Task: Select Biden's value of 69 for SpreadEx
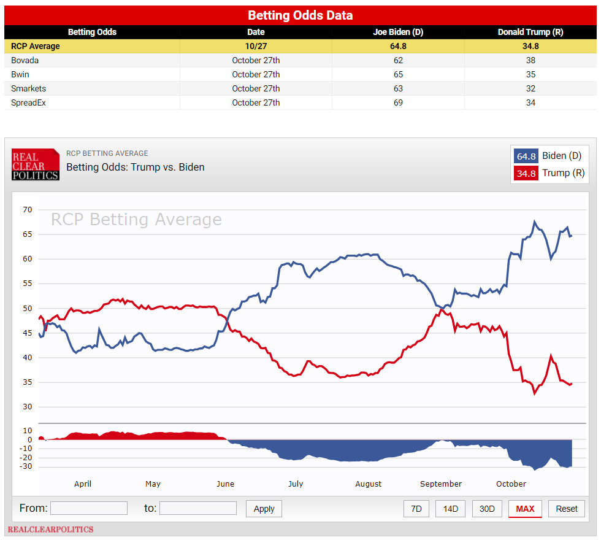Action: [x=398, y=102]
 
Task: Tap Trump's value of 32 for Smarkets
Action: [x=530, y=88]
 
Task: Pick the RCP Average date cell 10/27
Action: [x=256, y=46]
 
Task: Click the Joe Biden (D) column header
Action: [x=398, y=32]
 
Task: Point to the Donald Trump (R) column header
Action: [x=530, y=32]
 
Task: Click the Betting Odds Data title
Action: [x=300, y=15]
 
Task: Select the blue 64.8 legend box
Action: [x=526, y=156]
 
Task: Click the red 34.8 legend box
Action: [x=526, y=174]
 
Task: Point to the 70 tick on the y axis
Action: [x=27, y=210]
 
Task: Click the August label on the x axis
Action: [x=368, y=484]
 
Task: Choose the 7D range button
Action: [x=416, y=509]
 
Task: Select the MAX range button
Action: [x=525, y=509]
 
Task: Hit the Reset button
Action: [x=567, y=509]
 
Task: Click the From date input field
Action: [x=89, y=508]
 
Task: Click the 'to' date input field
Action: [x=197, y=508]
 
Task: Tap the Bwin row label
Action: [x=20, y=74]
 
